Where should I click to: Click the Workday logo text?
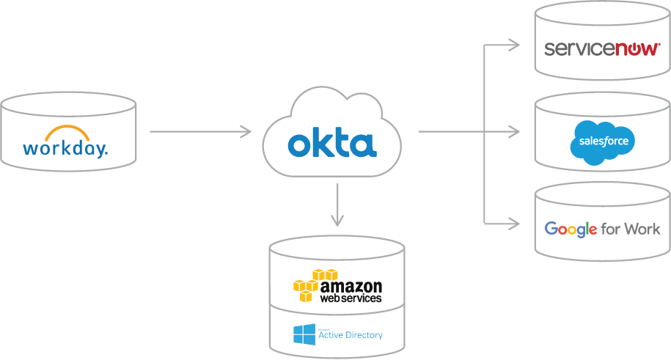coord(65,149)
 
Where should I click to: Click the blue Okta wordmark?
coord(331,144)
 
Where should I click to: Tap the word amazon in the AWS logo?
coord(351,285)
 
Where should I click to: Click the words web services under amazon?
coord(350,298)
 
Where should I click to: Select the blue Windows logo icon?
coord(304,335)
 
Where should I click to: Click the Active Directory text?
coord(351,335)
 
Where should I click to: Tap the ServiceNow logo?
coord(601,49)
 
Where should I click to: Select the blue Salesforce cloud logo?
coord(603,140)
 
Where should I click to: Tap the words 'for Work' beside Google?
coord(631,229)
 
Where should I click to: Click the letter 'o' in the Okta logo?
coord(299,145)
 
